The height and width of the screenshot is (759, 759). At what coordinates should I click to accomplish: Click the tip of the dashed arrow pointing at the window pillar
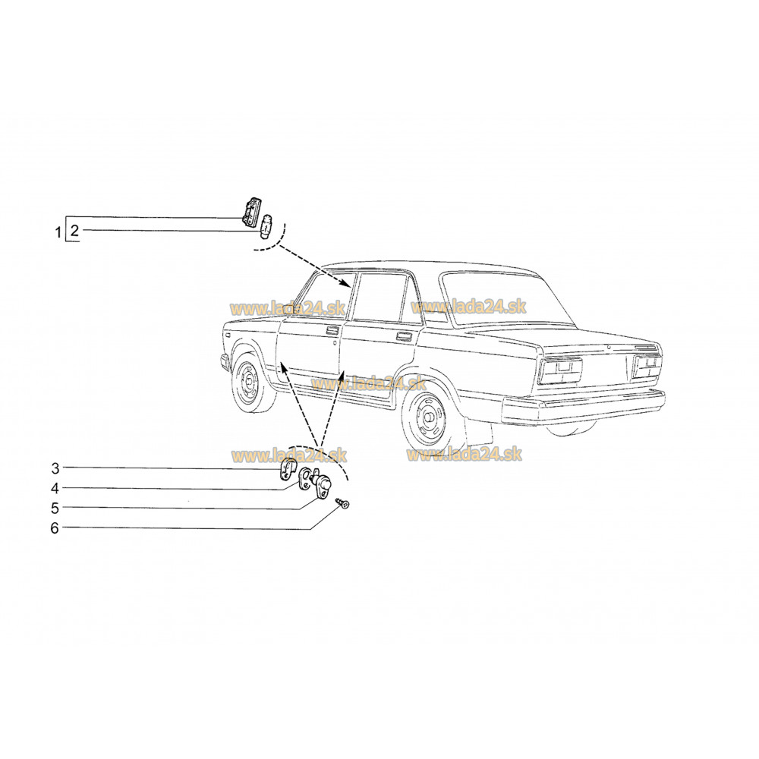tap(352, 288)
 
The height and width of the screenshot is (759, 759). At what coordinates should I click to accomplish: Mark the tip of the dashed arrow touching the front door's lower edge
tap(282, 366)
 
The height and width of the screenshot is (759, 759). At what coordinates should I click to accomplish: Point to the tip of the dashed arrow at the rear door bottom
tap(344, 371)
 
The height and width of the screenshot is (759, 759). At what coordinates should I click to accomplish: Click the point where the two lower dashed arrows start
tap(319, 446)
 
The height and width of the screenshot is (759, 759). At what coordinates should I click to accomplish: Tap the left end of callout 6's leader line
tap(64, 528)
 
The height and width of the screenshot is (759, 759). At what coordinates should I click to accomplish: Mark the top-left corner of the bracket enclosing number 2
tap(66, 216)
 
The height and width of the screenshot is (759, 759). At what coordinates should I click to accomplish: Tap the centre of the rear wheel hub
tap(428, 417)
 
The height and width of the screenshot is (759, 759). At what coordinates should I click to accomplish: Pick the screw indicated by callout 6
tap(343, 504)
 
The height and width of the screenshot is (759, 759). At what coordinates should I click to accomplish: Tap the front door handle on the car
tap(332, 331)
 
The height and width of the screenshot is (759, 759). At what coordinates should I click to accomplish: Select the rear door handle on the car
tap(403, 336)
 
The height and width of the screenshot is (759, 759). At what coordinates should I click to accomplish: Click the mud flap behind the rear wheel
tap(477, 431)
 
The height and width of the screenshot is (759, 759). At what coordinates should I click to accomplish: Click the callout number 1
tap(58, 232)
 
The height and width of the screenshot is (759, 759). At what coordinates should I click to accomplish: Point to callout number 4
tap(55, 488)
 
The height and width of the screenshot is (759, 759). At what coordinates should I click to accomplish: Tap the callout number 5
tap(55, 509)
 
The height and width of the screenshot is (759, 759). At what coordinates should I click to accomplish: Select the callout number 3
tap(55, 468)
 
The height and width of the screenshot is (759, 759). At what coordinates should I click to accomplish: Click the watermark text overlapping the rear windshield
tap(468, 307)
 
